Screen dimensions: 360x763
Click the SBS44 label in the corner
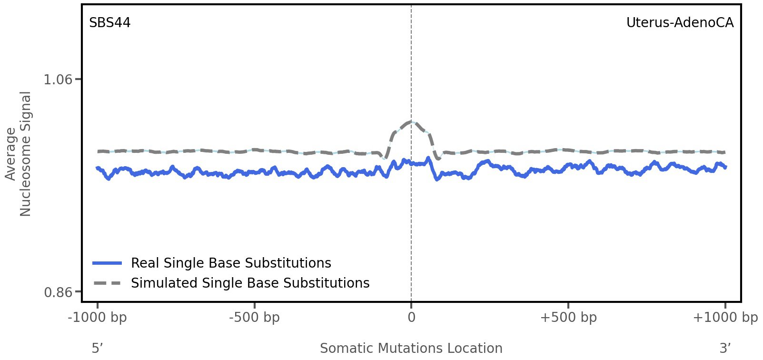(x=109, y=23)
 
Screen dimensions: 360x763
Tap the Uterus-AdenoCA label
(x=679, y=23)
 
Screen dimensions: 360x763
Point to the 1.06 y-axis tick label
(x=58, y=79)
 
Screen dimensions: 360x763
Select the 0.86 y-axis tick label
(x=58, y=292)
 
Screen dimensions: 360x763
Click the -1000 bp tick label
(x=98, y=318)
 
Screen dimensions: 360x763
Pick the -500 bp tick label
(x=254, y=318)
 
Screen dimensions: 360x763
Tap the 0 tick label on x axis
(x=411, y=318)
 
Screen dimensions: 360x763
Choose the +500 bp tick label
(x=568, y=318)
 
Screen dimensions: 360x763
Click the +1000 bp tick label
(x=725, y=318)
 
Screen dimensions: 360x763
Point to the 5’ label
(x=97, y=348)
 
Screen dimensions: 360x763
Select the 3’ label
(x=725, y=348)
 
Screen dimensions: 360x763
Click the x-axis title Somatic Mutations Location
(x=411, y=348)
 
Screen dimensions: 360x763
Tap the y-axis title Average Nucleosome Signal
(x=19, y=154)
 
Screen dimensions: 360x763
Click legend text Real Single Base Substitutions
(x=231, y=263)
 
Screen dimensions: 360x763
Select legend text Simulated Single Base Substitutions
(x=250, y=283)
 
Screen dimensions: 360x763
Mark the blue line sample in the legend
(x=108, y=263)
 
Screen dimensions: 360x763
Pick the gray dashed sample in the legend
(x=108, y=283)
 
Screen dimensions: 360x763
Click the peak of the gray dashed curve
(x=411, y=122)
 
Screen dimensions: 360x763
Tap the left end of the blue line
(x=97, y=168)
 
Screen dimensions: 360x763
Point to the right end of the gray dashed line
(x=724, y=152)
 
